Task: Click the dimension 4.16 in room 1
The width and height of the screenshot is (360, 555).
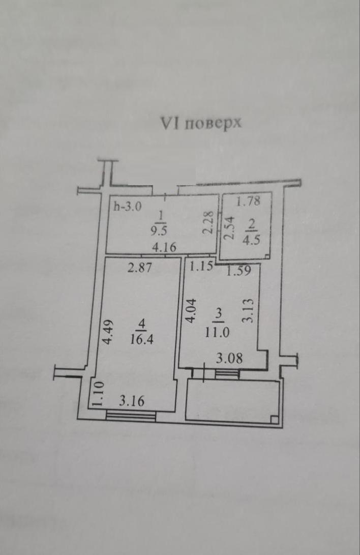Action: [166, 249]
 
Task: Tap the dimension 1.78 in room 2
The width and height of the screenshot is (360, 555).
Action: [249, 201]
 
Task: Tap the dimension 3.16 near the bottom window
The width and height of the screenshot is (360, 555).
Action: [132, 401]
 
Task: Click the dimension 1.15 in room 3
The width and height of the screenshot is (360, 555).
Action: [201, 267]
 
